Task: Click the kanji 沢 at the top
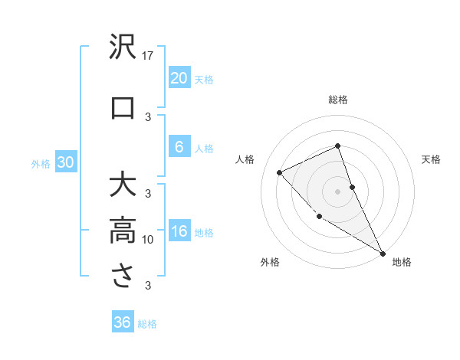123,47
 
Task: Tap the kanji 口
123,108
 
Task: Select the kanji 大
123,186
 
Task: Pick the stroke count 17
149,56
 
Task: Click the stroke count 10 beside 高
149,240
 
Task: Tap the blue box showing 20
179,78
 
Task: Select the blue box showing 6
179,148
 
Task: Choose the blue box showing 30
65,162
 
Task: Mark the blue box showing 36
122,322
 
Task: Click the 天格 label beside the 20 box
203,79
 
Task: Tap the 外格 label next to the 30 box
41,163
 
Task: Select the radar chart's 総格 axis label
338,100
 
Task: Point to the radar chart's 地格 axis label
402,263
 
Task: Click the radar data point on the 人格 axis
280,172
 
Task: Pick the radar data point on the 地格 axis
383,254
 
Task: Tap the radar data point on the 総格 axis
338,146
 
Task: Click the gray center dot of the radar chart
338,191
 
